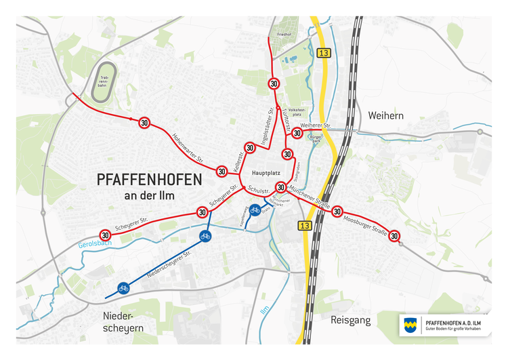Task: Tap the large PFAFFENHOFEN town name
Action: click(149, 180)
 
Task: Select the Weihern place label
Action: click(385, 116)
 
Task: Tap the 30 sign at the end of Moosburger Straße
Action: click(396, 235)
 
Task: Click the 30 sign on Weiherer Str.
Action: click(297, 133)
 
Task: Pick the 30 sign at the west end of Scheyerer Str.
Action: click(105, 235)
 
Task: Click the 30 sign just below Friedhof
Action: click(274, 84)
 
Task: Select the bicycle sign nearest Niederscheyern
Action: click(123, 287)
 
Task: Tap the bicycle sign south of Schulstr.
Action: click(255, 209)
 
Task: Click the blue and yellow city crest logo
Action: click(410, 325)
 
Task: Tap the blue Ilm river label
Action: click(265, 310)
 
